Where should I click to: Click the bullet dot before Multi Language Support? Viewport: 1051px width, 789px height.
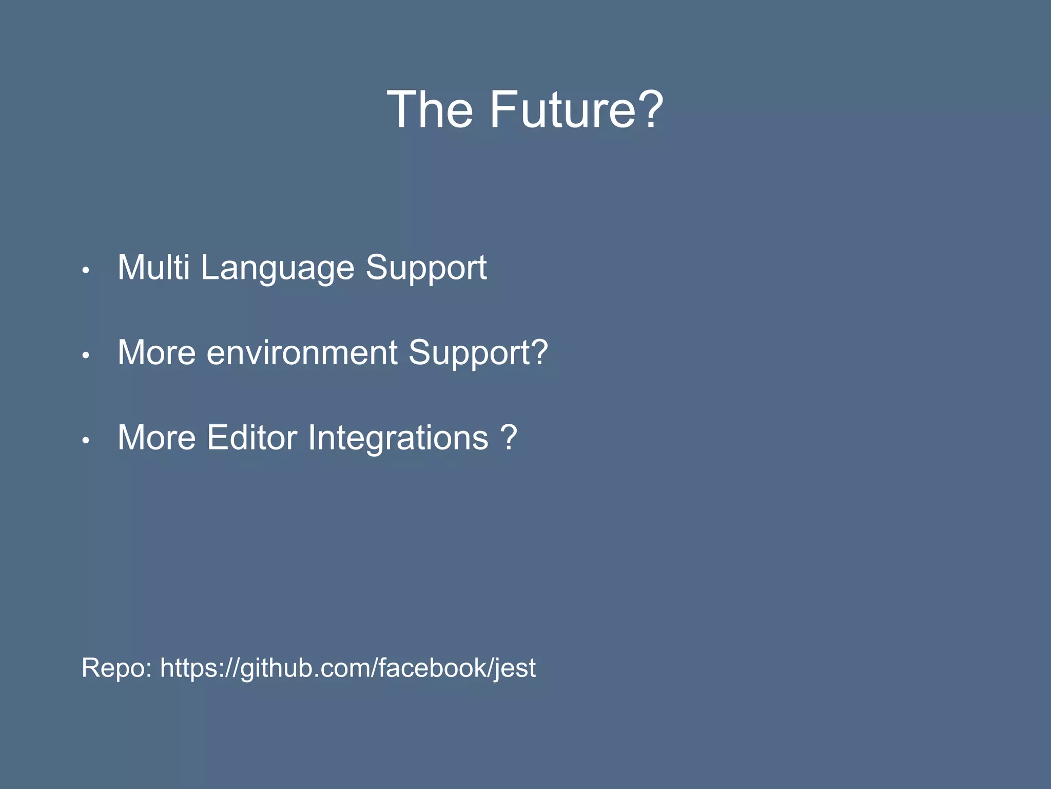pos(86,270)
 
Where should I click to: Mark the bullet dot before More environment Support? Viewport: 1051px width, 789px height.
pos(86,355)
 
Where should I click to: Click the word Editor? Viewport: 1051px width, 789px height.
pos(251,438)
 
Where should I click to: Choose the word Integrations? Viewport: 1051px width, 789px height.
pos(398,439)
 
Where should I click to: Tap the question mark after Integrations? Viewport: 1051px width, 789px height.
pos(508,438)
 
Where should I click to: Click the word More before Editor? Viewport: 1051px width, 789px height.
pos(157,438)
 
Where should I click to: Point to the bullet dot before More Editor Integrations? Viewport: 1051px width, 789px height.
pos(86,440)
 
